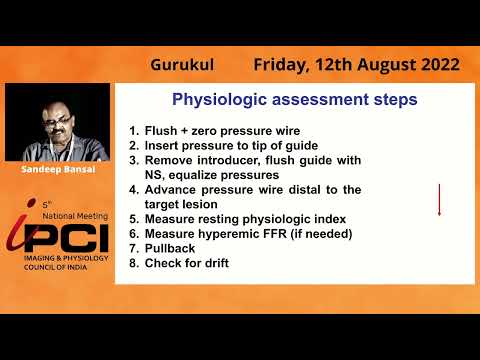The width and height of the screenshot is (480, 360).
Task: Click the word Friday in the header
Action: tap(281, 65)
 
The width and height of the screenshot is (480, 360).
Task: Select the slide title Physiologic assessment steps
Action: tap(295, 100)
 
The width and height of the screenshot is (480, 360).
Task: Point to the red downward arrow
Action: tap(438, 199)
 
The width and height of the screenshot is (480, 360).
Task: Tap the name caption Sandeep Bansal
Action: tap(56, 170)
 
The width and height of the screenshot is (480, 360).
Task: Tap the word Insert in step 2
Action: tap(166, 146)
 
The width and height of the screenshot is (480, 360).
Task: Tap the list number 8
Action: tap(133, 263)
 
